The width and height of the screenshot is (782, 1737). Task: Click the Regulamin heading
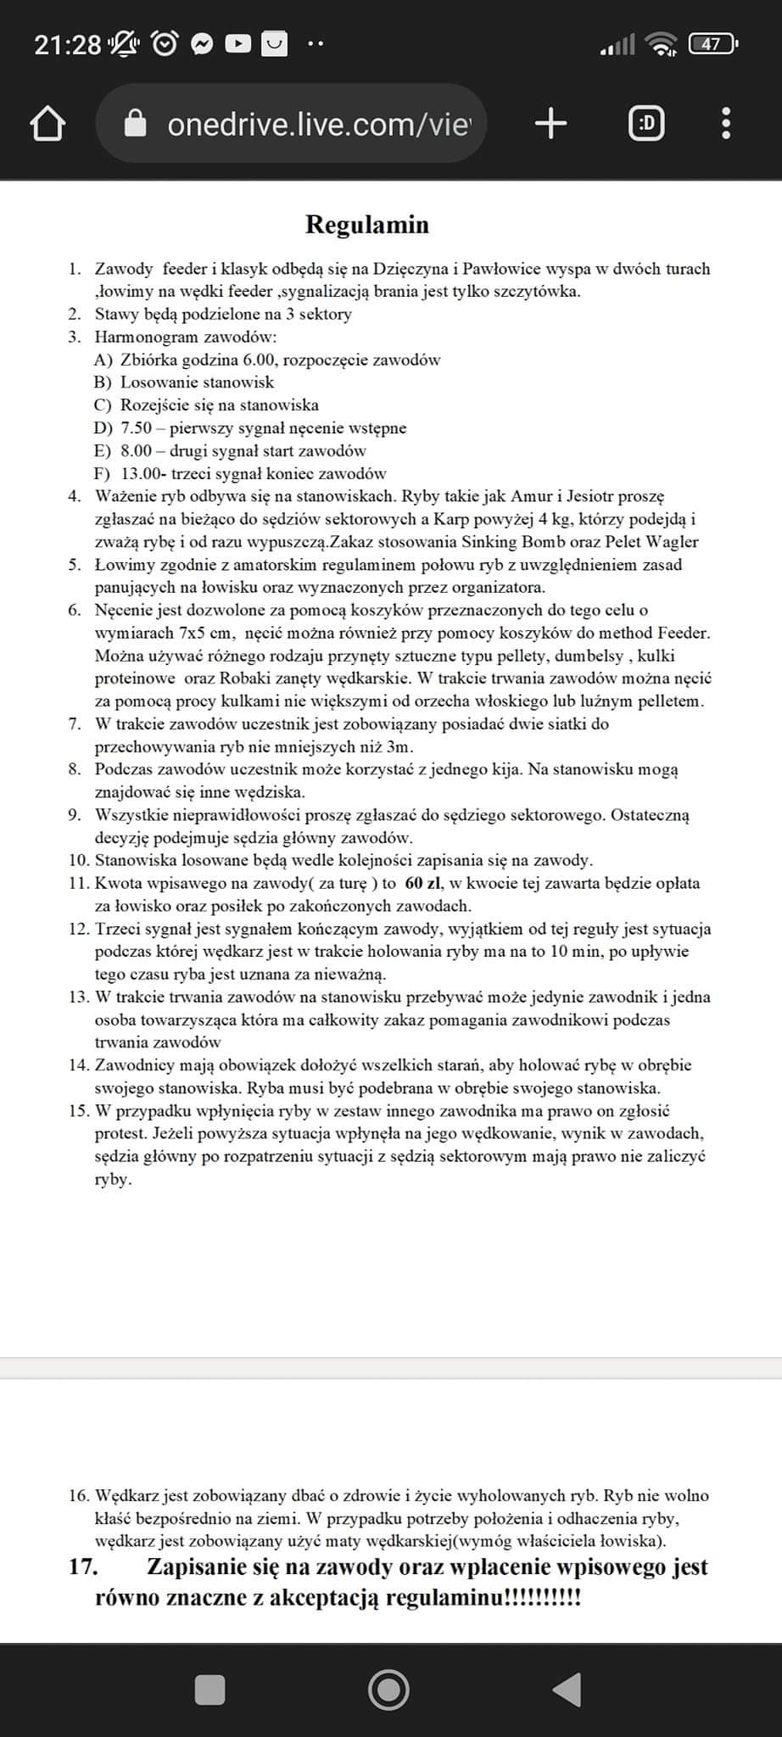click(x=367, y=225)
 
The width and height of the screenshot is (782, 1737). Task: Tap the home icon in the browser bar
click(x=47, y=125)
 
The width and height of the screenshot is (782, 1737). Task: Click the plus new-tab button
click(x=551, y=125)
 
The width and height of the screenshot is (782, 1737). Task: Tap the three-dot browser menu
click(x=725, y=125)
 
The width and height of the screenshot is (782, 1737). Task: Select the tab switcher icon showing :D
click(x=646, y=125)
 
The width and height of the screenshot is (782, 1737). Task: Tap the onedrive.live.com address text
click(x=318, y=125)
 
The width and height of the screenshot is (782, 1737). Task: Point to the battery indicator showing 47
click(x=712, y=43)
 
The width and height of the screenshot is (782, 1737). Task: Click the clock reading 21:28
click(x=68, y=44)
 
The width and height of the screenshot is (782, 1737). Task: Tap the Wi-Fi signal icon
click(x=661, y=43)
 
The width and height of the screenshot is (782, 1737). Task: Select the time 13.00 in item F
click(x=140, y=473)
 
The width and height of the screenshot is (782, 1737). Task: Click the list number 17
click(x=83, y=1567)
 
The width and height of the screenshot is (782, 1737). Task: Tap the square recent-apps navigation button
click(x=209, y=1690)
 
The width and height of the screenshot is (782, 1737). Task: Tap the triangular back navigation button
click(x=567, y=1690)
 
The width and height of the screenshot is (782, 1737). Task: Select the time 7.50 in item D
click(x=136, y=427)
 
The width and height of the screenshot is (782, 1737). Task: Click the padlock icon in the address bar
click(x=136, y=125)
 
